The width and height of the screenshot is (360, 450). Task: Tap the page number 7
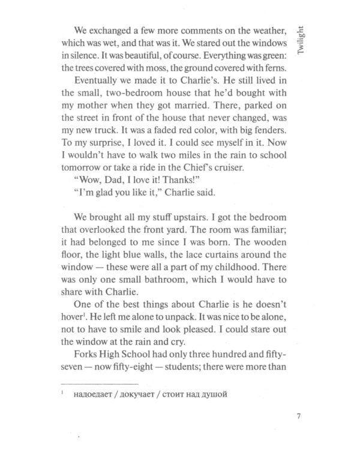point(299,415)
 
